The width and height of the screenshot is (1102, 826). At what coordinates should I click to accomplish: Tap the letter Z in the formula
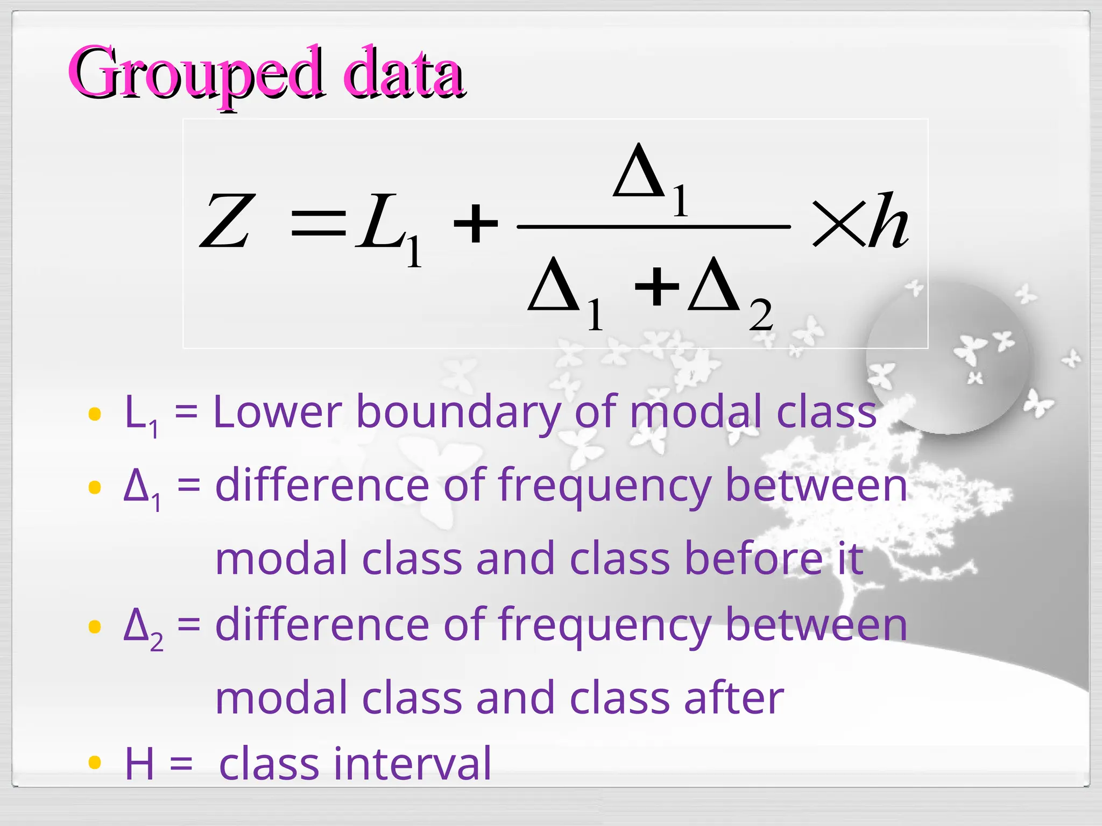click(226, 221)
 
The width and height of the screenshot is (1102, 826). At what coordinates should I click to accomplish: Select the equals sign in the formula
click(318, 223)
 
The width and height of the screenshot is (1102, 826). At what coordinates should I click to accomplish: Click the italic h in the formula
click(888, 221)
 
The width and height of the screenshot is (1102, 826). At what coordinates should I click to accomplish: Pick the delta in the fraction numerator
click(639, 170)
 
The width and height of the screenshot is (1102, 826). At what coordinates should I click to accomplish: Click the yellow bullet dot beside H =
click(95, 762)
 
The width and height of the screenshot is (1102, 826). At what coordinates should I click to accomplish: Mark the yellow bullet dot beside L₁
click(95, 414)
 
